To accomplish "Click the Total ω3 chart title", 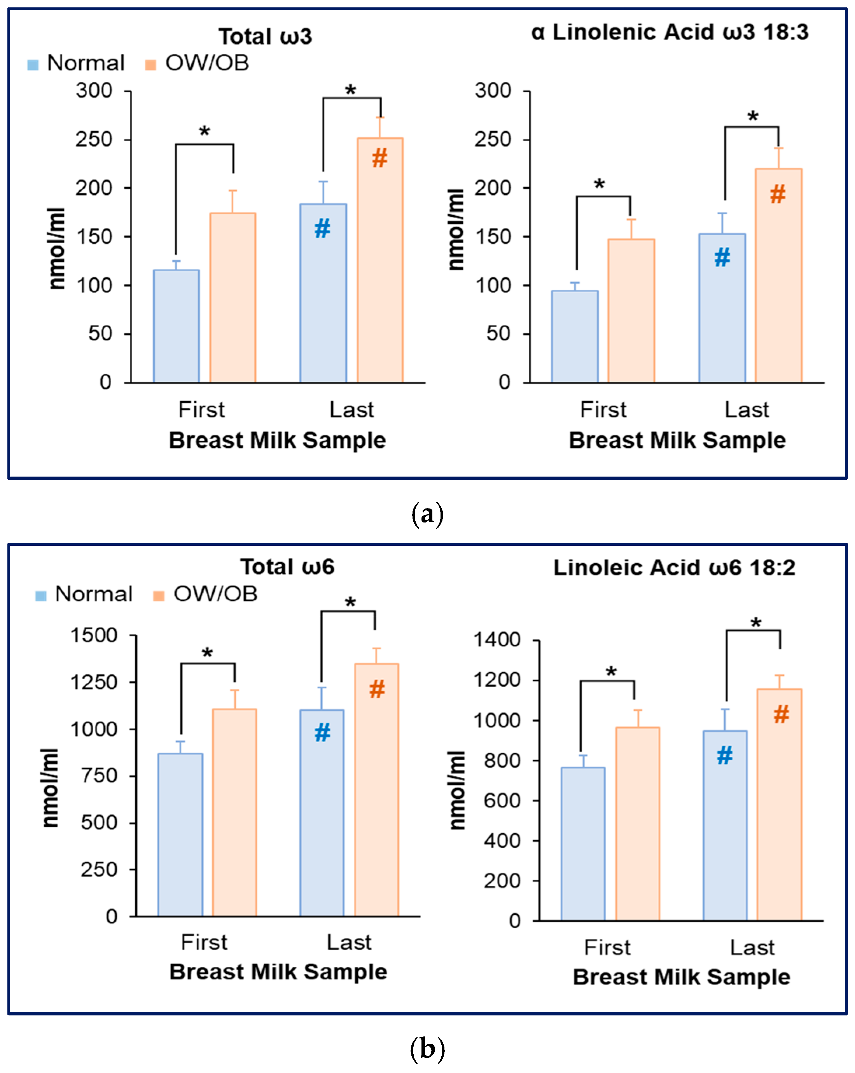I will (x=265, y=36).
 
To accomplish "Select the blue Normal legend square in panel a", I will (x=33, y=65).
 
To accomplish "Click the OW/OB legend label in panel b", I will (x=215, y=594).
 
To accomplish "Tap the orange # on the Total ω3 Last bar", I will (x=379, y=158).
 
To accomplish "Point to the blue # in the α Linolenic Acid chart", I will (x=722, y=257).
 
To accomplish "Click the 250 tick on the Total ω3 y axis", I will (x=94, y=139).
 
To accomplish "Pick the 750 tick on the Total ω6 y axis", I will (x=99, y=775).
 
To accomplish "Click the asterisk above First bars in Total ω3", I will (x=205, y=132).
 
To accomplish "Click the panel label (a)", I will (x=427, y=514).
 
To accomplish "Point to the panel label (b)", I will (x=427, y=1049).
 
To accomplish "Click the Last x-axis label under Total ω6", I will (x=349, y=943).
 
